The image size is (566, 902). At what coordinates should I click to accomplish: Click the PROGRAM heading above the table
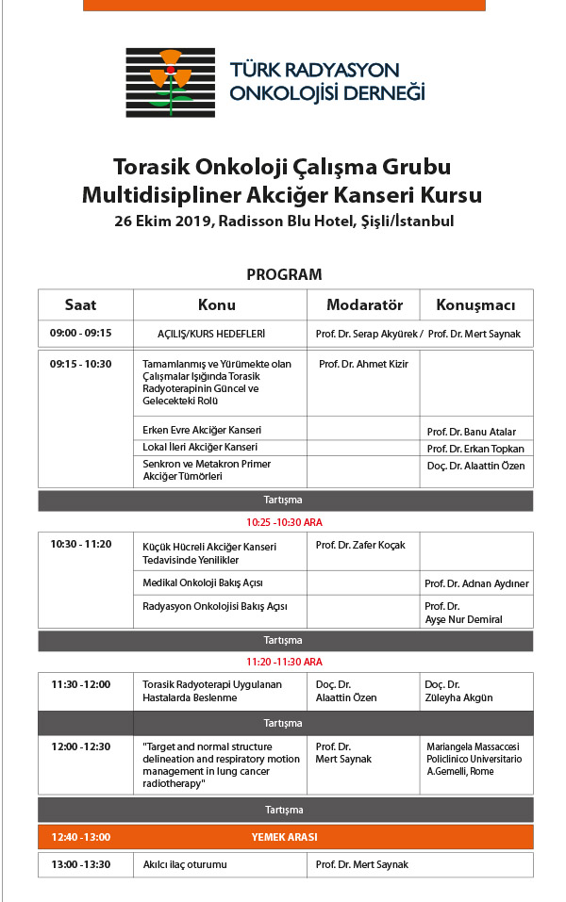tap(284, 275)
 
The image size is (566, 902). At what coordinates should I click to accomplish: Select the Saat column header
tap(81, 305)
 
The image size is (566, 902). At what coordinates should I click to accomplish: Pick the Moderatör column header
tap(364, 305)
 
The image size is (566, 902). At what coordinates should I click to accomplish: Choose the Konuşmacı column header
tap(475, 305)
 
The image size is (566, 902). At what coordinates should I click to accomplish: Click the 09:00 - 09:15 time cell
tap(81, 333)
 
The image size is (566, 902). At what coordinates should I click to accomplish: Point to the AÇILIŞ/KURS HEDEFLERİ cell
tap(211, 334)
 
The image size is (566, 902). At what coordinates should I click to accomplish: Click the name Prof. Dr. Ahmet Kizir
tap(362, 364)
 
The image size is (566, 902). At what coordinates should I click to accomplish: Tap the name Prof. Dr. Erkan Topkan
tap(475, 448)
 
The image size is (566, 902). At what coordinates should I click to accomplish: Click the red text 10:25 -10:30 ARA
tap(284, 521)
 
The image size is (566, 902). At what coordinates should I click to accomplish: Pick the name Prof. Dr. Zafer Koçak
tap(359, 545)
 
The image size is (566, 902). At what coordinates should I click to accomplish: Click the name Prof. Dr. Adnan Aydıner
tap(476, 583)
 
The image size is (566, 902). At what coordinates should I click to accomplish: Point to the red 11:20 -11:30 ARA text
tap(284, 662)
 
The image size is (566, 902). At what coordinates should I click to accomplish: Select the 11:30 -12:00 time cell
tap(81, 684)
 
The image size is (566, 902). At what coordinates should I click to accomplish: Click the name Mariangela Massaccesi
tap(474, 746)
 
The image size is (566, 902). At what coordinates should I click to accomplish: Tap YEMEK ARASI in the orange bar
tap(284, 836)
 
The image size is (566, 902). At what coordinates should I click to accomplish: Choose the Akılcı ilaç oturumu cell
tap(185, 864)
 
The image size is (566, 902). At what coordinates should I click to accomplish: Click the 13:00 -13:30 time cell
tap(81, 864)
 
